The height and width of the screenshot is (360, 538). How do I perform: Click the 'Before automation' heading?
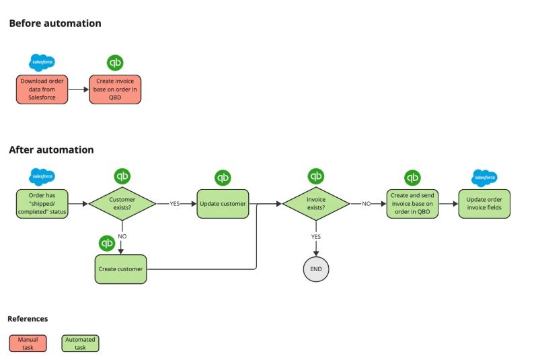pos(55,24)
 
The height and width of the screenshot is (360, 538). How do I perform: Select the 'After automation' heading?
pos(51,150)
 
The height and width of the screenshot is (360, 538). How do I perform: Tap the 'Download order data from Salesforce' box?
pos(42,89)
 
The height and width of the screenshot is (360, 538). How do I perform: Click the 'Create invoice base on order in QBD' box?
pos(116,89)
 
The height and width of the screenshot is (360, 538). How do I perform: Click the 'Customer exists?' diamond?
pos(122,203)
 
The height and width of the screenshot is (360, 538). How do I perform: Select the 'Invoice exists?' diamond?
pos(316,203)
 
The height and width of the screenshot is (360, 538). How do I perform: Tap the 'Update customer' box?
pos(223,203)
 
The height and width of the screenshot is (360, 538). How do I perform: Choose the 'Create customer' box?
pos(121,269)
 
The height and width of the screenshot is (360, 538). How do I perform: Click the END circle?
pos(316,269)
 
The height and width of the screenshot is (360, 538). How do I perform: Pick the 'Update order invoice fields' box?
pos(484,203)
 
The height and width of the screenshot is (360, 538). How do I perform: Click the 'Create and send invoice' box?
pos(412,203)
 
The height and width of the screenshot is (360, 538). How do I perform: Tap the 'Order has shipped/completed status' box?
pos(42,203)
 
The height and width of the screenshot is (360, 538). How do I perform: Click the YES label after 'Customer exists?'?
pos(174,203)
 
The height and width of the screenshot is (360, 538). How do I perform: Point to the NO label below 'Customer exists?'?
pos(122,237)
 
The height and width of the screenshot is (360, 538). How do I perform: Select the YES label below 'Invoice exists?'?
pos(316,237)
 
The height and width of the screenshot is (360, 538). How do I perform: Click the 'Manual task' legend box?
pos(28,343)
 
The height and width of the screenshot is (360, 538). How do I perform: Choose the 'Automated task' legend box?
pos(80,343)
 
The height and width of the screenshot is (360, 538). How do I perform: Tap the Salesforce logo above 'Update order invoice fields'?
pos(484,178)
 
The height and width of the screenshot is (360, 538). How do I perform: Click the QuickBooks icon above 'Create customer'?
pos(107,243)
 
